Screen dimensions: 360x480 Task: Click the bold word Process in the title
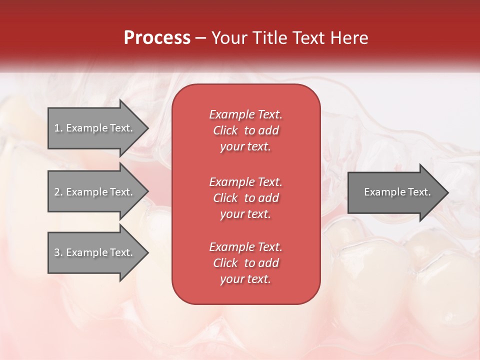[x=157, y=38]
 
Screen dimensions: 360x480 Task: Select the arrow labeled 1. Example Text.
[x=95, y=128]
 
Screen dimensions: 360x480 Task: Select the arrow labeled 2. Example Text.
[x=95, y=192]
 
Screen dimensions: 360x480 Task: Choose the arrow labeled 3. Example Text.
[x=95, y=252]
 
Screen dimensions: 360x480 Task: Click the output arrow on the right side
[x=395, y=192]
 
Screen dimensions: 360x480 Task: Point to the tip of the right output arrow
[x=447, y=192]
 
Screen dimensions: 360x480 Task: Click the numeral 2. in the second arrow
[x=58, y=192]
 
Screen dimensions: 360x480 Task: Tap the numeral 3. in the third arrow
[x=58, y=252]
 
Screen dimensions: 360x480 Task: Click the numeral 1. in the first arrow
[x=58, y=128]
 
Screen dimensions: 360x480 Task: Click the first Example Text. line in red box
[x=245, y=114]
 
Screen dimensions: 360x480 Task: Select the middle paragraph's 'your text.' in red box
[x=245, y=214]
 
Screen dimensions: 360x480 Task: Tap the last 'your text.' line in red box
[x=245, y=279]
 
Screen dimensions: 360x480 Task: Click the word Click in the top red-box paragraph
[x=225, y=130]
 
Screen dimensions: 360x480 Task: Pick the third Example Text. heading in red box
[x=245, y=247]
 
